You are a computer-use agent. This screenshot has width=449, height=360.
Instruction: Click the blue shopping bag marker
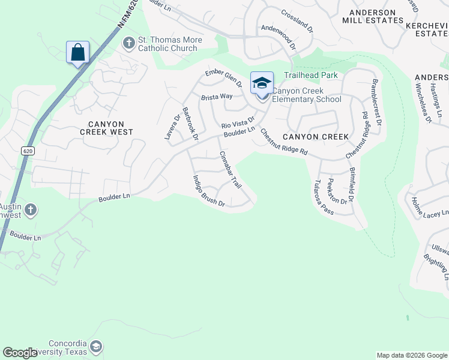click(x=78, y=52)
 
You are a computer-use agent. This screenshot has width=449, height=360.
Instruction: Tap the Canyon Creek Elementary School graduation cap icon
click(x=262, y=83)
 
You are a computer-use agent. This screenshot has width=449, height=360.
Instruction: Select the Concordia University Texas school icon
click(x=96, y=346)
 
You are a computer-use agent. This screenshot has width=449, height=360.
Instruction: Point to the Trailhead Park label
click(x=311, y=76)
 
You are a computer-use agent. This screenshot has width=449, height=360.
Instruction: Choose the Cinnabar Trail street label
click(x=230, y=170)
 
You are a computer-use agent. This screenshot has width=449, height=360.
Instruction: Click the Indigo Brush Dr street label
click(x=208, y=191)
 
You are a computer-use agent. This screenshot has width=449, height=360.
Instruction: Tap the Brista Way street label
click(x=217, y=97)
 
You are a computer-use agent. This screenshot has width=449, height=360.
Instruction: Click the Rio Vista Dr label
click(x=238, y=122)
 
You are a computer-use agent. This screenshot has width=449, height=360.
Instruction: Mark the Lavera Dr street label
click(x=172, y=128)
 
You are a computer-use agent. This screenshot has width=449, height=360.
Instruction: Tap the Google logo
click(x=20, y=353)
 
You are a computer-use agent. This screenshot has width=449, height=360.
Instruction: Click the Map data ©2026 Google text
click(x=412, y=355)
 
